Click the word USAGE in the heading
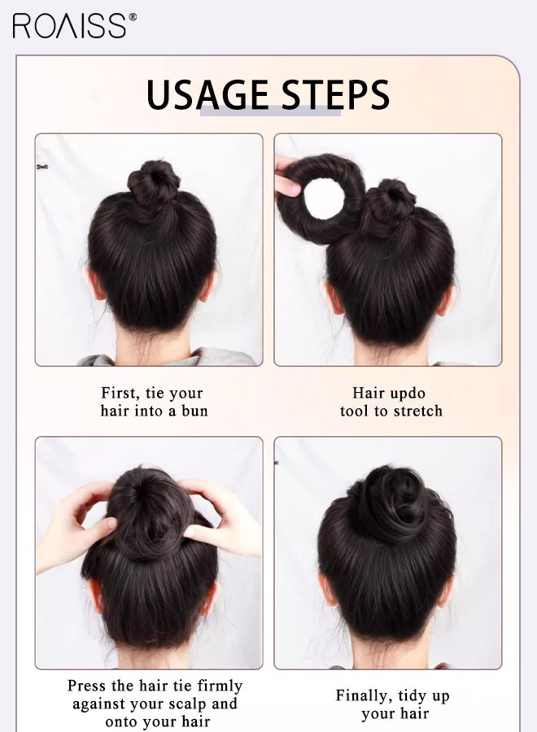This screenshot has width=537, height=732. pyautogui.click(x=207, y=96)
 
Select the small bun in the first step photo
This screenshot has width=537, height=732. pyautogui.click(x=153, y=181)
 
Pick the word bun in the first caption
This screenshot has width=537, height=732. pyautogui.click(x=194, y=411)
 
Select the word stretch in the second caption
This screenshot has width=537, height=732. pyautogui.click(x=417, y=411)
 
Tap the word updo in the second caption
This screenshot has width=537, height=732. pyautogui.click(x=407, y=393)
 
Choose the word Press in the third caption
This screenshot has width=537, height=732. pyautogui.click(x=87, y=686)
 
